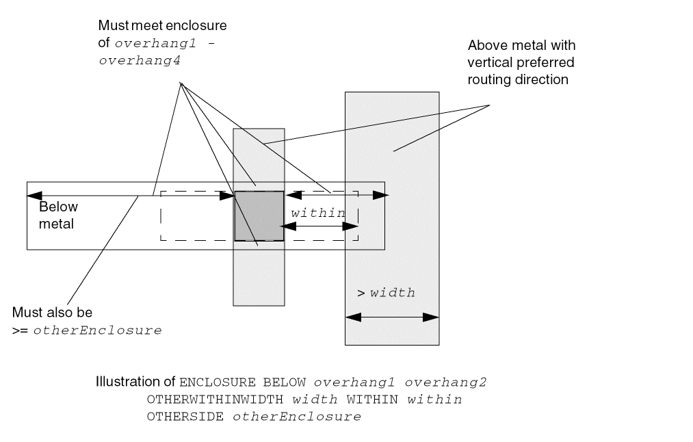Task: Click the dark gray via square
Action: coord(259,216)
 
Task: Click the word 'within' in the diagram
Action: coord(318,213)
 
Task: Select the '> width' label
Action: coord(387,293)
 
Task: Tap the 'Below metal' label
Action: coord(58,215)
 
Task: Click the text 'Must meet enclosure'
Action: coord(162,26)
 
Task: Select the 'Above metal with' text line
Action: coord(521,46)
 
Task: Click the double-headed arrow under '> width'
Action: coord(392,317)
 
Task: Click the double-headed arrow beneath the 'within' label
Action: coord(319,226)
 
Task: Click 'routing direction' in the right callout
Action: coord(518,79)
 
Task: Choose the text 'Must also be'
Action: coord(52,313)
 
